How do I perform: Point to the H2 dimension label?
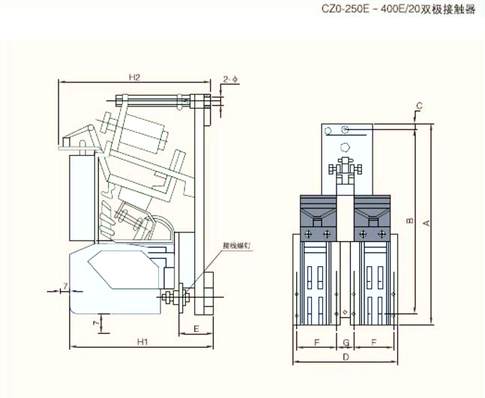click(x=134, y=76)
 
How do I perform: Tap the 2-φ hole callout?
click(x=230, y=78)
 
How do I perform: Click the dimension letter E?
click(x=195, y=328)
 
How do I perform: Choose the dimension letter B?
click(x=409, y=221)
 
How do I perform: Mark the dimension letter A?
click(x=427, y=223)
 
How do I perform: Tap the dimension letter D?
click(x=345, y=359)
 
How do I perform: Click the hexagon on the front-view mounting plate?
click(x=345, y=147)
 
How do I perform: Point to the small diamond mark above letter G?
click(x=344, y=312)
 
